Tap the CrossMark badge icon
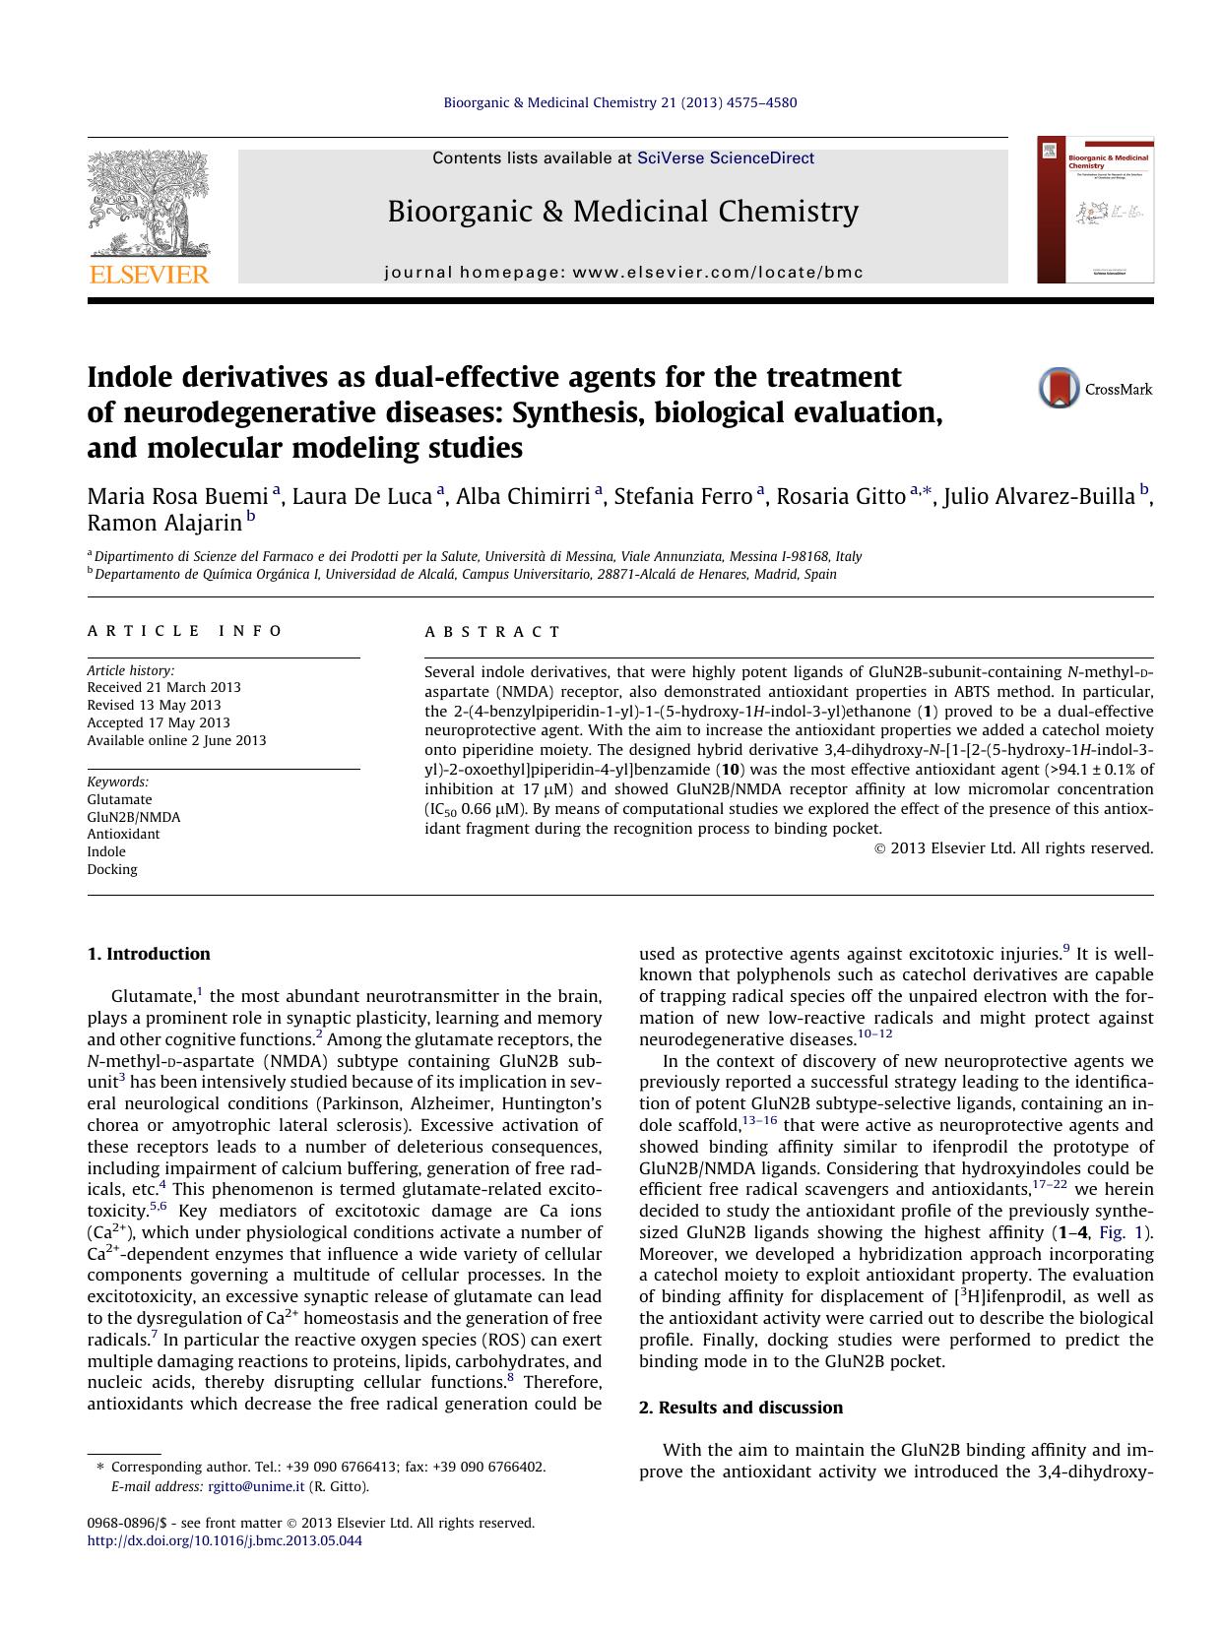[1060, 388]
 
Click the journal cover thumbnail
[1094, 211]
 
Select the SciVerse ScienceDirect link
[726, 157]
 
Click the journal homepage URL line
[623, 273]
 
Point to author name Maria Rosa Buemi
[178, 496]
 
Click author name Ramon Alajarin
[164, 523]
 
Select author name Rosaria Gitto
[840, 496]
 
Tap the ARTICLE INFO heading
[185, 631]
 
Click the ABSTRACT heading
[492, 632]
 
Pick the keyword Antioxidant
[123, 834]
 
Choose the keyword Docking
[112, 869]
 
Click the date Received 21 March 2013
[163, 687]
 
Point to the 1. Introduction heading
[149, 954]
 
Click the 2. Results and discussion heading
[740, 1408]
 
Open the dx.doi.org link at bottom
[225, 1540]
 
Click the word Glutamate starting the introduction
[153, 997]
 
